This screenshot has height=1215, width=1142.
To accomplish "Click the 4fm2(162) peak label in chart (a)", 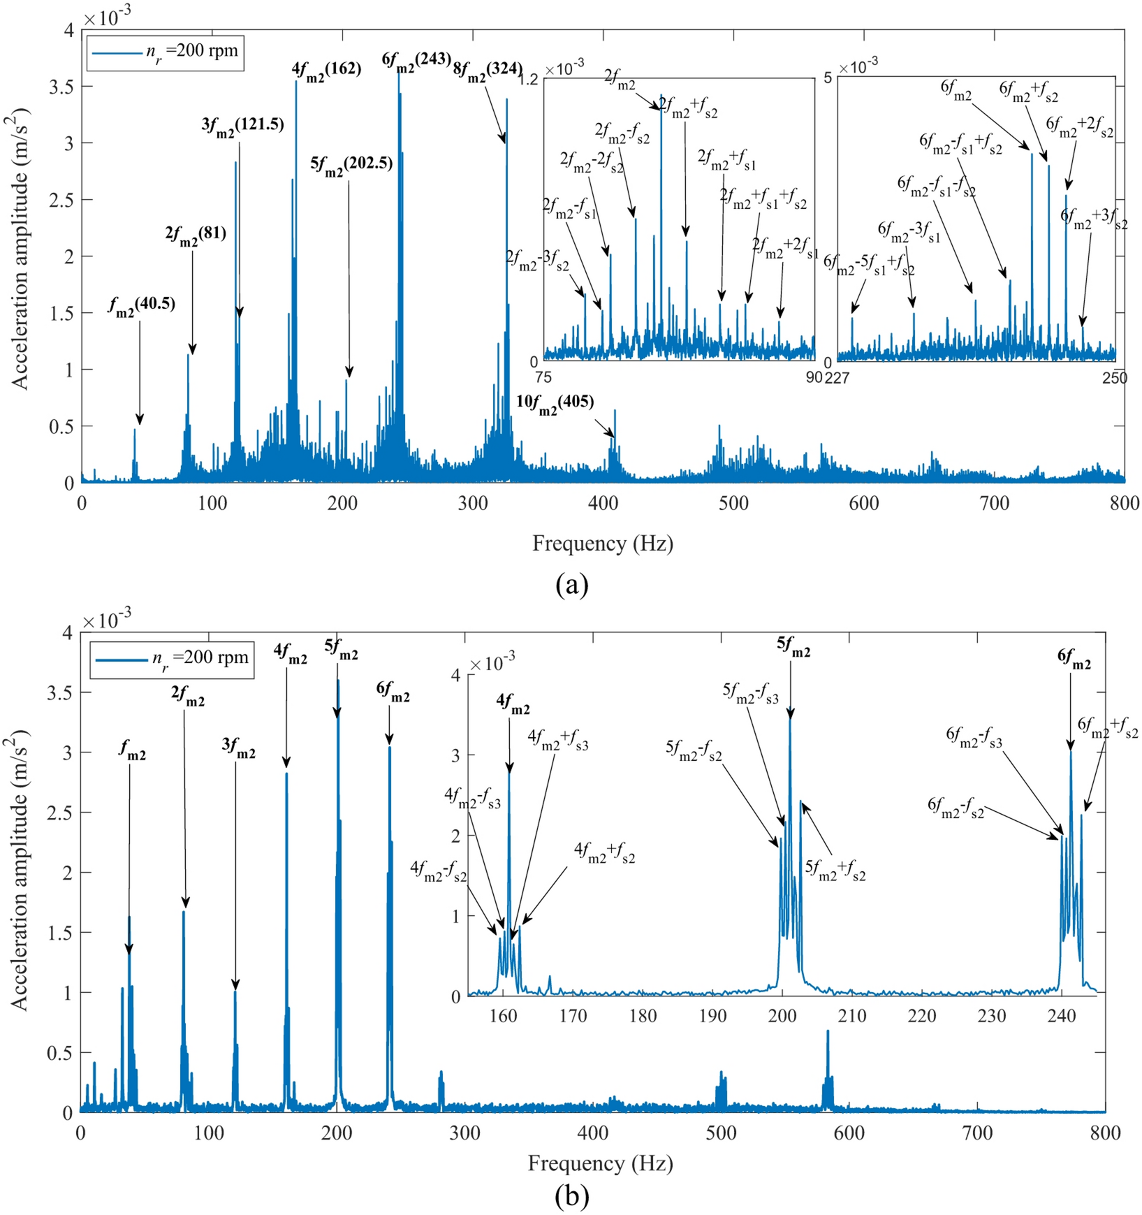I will coord(326,69).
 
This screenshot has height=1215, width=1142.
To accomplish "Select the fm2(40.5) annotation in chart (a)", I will coord(141,305).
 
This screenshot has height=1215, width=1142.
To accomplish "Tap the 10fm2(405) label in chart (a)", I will coord(555,403).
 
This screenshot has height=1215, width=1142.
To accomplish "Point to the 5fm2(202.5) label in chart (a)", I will coord(351,164).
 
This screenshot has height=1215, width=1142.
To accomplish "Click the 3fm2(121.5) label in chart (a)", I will coord(242,126).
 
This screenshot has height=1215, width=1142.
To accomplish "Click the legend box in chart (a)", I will coord(166,52).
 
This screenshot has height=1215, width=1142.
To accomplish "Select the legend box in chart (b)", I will coord(172,658).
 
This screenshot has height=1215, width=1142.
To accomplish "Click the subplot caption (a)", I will coord(571,584).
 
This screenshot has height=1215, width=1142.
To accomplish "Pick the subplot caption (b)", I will coord(571,1195).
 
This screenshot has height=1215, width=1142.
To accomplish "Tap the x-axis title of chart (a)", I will coord(602,544).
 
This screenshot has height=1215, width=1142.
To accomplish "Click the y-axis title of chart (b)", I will coord(19,873).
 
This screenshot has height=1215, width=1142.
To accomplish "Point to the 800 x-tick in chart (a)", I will coord(1124,503).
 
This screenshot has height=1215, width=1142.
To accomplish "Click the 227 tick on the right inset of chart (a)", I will coord(837,378).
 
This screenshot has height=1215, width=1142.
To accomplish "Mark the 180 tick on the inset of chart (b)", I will coord(643,1016).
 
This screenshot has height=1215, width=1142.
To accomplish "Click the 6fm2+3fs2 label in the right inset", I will coord(1093,218).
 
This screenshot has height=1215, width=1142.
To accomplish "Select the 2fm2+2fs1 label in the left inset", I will coord(784,248).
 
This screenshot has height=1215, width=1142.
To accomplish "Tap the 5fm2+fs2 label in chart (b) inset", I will coord(835,870).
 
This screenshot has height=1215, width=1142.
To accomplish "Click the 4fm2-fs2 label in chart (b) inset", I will coord(438,870).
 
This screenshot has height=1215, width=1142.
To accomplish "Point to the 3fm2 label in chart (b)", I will coord(239,748).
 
